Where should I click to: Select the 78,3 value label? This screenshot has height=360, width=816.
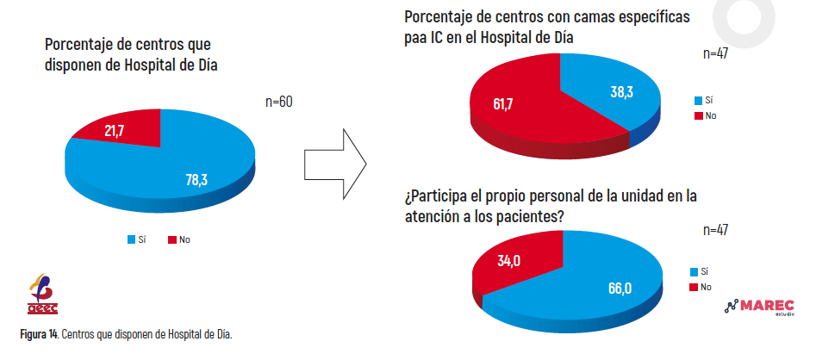[x=196, y=180]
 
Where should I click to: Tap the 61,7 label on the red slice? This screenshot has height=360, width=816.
[x=502, y=103]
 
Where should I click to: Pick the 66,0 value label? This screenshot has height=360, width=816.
[x=620, y=288]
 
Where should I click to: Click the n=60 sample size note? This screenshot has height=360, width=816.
[x=279, y=102]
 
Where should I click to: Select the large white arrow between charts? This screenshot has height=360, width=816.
[x=335, y=164]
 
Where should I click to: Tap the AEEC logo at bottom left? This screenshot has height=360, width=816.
[x=43, y=294]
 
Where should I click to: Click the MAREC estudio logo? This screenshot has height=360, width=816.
[x=759, y=307]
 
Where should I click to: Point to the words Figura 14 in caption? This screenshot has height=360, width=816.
[x=39, y=334]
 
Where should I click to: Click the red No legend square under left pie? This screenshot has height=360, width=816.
[x=171, y=239]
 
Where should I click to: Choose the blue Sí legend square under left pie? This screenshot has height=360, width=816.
[x=132, y=239]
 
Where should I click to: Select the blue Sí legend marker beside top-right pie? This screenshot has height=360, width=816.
[x=698, y=101]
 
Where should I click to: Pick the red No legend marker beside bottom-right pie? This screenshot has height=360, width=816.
[x=693, y=287]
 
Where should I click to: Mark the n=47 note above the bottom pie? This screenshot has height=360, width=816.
[x=715, y=231]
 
